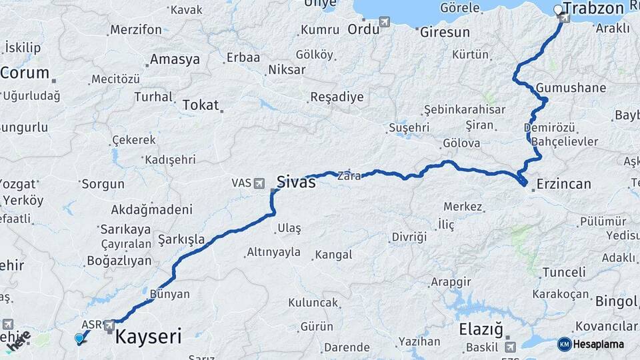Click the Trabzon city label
[x=593, y=9]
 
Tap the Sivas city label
[x=295, y=181]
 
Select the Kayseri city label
[x=148, y=337]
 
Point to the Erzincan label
[x=563, y=184]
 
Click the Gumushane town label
[x=571, y=88]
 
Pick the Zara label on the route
[x=349, y=177]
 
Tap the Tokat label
[x=200, y=105]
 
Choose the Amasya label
[x=175, y=59]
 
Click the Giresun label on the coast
[x=445, y=32]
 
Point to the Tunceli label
[x=563, y=272]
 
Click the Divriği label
[x=409, y=237]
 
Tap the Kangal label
[x=333, y=255]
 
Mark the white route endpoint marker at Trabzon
[x=559, y=9]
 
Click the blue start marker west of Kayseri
[x=79, y=338]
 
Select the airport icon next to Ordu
[x=385, y=23]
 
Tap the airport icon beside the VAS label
[x=259, y=182]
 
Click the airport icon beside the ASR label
[x=109, y=325]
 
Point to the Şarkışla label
[x=181, y=239]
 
